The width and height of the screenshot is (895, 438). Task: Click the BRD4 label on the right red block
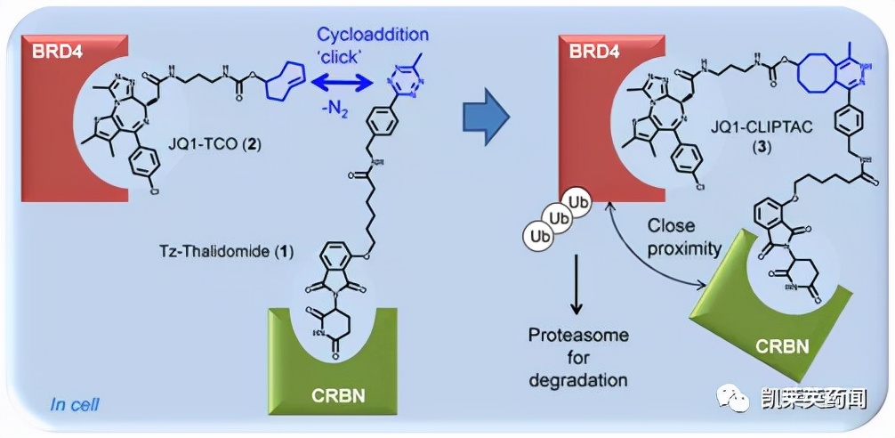point(591,52)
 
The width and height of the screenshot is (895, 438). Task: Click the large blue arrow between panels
point(487,114)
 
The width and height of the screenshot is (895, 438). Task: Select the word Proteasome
point(577,336)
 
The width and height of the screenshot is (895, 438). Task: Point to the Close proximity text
point(683,237)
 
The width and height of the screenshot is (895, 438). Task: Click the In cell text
point(75,405)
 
